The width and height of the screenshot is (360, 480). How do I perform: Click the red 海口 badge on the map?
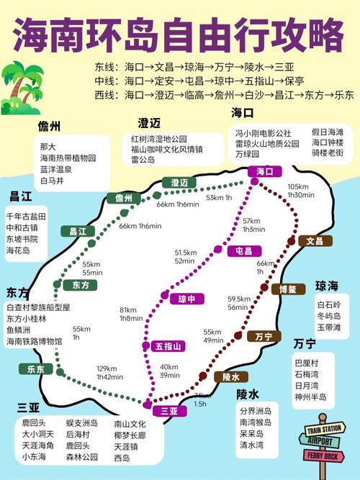point(260,171)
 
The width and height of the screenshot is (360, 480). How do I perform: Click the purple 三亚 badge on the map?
point(169,411)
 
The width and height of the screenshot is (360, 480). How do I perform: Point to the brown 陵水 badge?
point(230,376)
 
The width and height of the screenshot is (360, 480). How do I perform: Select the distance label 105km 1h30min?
point(297,191)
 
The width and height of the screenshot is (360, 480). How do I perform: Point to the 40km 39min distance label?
point(169,371)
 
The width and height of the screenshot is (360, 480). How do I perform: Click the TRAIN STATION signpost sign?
point(321,428)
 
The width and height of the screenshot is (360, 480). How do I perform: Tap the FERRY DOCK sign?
point(321,456)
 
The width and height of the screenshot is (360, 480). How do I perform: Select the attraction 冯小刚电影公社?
point(263,133)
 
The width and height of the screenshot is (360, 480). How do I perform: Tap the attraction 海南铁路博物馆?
point(34,340)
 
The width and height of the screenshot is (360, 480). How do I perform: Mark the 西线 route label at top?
point(104,94)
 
